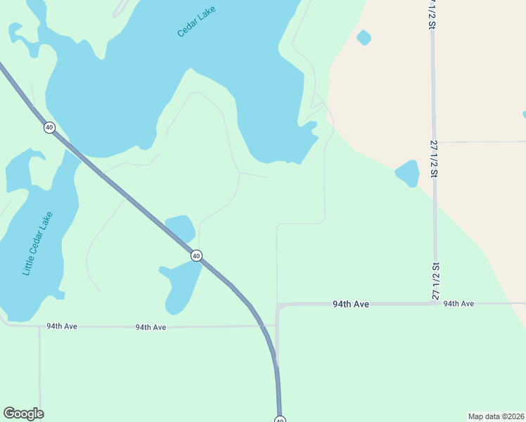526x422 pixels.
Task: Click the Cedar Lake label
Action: [x=195, y=22]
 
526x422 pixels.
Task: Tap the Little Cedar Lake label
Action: [x=38, y=243]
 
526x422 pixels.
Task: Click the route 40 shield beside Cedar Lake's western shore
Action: [x=49, y=127]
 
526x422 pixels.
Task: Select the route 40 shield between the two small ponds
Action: [x=197, y=256]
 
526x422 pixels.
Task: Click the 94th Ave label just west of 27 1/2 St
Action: [x=351, y=304]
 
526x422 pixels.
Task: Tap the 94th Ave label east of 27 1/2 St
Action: [x=458, y=303]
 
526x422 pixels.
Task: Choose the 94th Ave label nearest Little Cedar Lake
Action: [x=62, y=326]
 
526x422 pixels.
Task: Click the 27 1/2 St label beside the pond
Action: [x=435, y=158]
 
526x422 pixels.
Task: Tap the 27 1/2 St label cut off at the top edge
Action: [x=431, y=14]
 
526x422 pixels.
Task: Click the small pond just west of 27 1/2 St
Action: [x=407, y=173]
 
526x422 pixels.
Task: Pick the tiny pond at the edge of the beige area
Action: [x=364, y=37]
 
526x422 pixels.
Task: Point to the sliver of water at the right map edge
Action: [x=524, y=114]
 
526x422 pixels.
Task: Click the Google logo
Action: [x=23, y=414]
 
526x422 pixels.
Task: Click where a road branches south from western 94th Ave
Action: [x=39, y=327]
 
